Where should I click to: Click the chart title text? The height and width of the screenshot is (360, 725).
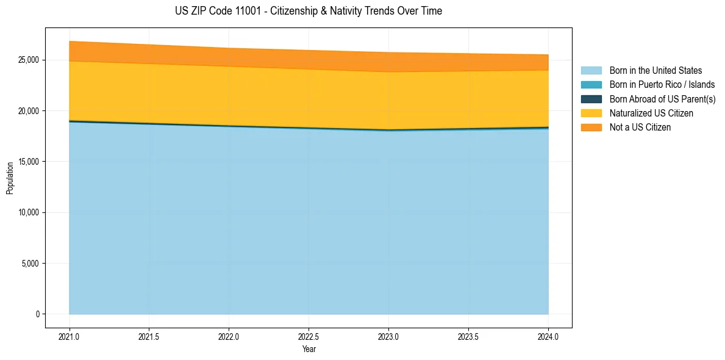point(308,11)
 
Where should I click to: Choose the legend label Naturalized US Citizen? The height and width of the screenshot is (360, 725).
point(651,113)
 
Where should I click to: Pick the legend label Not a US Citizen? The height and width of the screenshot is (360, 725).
point(640,128)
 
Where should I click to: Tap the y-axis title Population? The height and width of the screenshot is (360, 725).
point(10,178)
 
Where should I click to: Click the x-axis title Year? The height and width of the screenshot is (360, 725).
point(309,350)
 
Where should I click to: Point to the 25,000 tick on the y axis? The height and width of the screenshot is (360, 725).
point(29,60)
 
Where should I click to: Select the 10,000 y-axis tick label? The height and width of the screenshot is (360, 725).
point(29,213)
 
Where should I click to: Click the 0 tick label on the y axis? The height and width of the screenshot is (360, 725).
point(37,314)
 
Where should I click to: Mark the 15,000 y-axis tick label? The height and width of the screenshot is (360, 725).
point(29,162)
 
